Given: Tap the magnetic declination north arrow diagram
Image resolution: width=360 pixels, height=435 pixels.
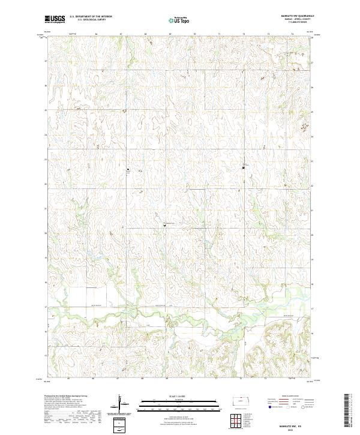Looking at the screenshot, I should pos(123,404).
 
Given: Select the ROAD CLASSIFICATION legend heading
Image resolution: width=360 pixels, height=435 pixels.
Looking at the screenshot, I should pos(287,397).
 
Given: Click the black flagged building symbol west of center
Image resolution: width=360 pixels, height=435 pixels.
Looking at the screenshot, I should pos(127,170).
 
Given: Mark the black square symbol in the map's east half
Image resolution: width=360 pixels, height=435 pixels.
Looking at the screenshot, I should pos(243,167).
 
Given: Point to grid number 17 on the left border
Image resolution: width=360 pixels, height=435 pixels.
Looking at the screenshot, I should pos(46,307).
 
